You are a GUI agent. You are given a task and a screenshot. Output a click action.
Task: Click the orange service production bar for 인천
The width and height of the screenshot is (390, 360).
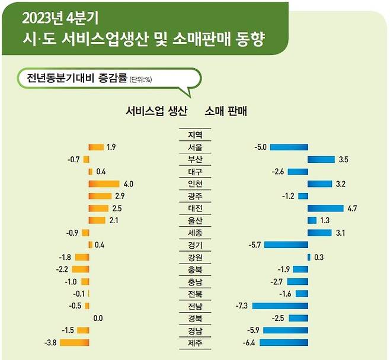(x=104, y=184)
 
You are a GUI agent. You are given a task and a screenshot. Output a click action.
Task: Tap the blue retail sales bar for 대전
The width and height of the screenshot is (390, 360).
(x=325, y=208)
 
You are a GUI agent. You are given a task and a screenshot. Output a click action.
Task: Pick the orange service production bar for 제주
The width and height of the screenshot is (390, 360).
(x=75, y=343)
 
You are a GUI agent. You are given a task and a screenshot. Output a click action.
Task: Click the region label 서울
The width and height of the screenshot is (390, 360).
(x=194, y=147)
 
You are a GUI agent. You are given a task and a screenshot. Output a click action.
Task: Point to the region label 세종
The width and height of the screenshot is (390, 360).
(x=194, y=233)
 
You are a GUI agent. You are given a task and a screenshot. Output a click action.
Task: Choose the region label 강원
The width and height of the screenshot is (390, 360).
(x=194, y=257)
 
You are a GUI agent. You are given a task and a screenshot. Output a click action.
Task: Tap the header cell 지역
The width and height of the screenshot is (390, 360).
(x=194, y=135)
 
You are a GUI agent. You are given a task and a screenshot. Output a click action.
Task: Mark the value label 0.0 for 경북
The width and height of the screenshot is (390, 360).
(x=98, y=318)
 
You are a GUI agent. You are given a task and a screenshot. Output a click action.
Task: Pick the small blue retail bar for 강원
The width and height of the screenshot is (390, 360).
(x=309, y=257)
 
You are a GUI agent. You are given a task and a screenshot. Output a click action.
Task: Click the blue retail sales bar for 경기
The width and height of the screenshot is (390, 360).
(x=286, y=245)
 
